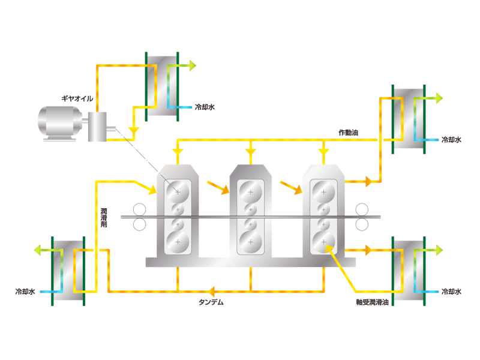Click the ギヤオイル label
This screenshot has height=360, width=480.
(x=77, y=98)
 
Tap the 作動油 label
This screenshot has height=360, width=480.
(x=349, y=133)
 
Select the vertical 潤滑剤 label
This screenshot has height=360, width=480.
(x=104, y=218)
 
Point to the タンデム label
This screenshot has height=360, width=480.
(x=211, y=302)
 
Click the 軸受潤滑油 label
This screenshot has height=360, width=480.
(x=372, y=302)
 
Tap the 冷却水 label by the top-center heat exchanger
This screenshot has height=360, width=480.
(x=205, y=107)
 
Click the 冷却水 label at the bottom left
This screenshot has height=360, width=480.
(x=25, y=292)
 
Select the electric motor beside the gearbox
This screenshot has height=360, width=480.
(x=60, y=124)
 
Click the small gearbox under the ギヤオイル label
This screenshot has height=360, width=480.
(x=97, y=127)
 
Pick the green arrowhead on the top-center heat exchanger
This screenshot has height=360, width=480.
(x=193, y=65)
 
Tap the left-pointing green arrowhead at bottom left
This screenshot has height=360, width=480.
(x=37, y=250)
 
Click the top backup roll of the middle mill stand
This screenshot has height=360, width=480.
(x=251, y=192)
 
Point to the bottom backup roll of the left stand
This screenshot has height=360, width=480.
(x=178, y=242)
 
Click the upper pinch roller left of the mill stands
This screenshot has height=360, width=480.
(x=140, y=210)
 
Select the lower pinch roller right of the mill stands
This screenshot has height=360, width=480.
(x=362, y=224)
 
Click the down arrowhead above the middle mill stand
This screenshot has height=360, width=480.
(x=251, y=152)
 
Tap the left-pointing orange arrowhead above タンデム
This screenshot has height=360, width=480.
(x=211, y=292)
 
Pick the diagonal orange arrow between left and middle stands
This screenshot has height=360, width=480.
(x=218, y=188)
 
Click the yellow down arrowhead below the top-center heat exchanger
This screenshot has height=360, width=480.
(x=133, y=131)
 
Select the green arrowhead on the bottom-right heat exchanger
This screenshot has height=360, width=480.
(x=439, y=250)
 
